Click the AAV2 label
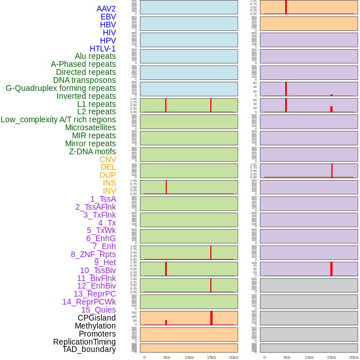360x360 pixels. (x=106, y=9)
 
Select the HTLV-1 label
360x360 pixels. (x=102, y=49)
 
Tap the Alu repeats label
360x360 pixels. (x=95, y=57)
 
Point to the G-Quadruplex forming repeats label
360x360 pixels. (x=61, y=88)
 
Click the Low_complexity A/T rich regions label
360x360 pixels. (x=58, y=119)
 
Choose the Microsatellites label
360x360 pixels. (x=90, y=127)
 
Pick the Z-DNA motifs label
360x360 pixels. (x=93, y=151)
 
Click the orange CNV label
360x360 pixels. (x=107, y=159)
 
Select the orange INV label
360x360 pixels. (x=109, y=191)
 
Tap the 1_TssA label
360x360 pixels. (x=103, y=199)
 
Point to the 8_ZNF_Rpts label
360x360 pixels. (x=93, y=254)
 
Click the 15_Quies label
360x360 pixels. (x=98, y=310)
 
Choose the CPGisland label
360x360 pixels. (x=97, y=318)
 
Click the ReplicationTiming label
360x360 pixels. (x=85, y=342)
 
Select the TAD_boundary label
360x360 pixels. (x=89, y=349)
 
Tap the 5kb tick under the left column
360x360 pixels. (x=167, y=357)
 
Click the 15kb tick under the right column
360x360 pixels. (x=331, y=357)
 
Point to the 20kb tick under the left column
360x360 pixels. (x=233, y=357)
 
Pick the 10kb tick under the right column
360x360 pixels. (x=309, y=357)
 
